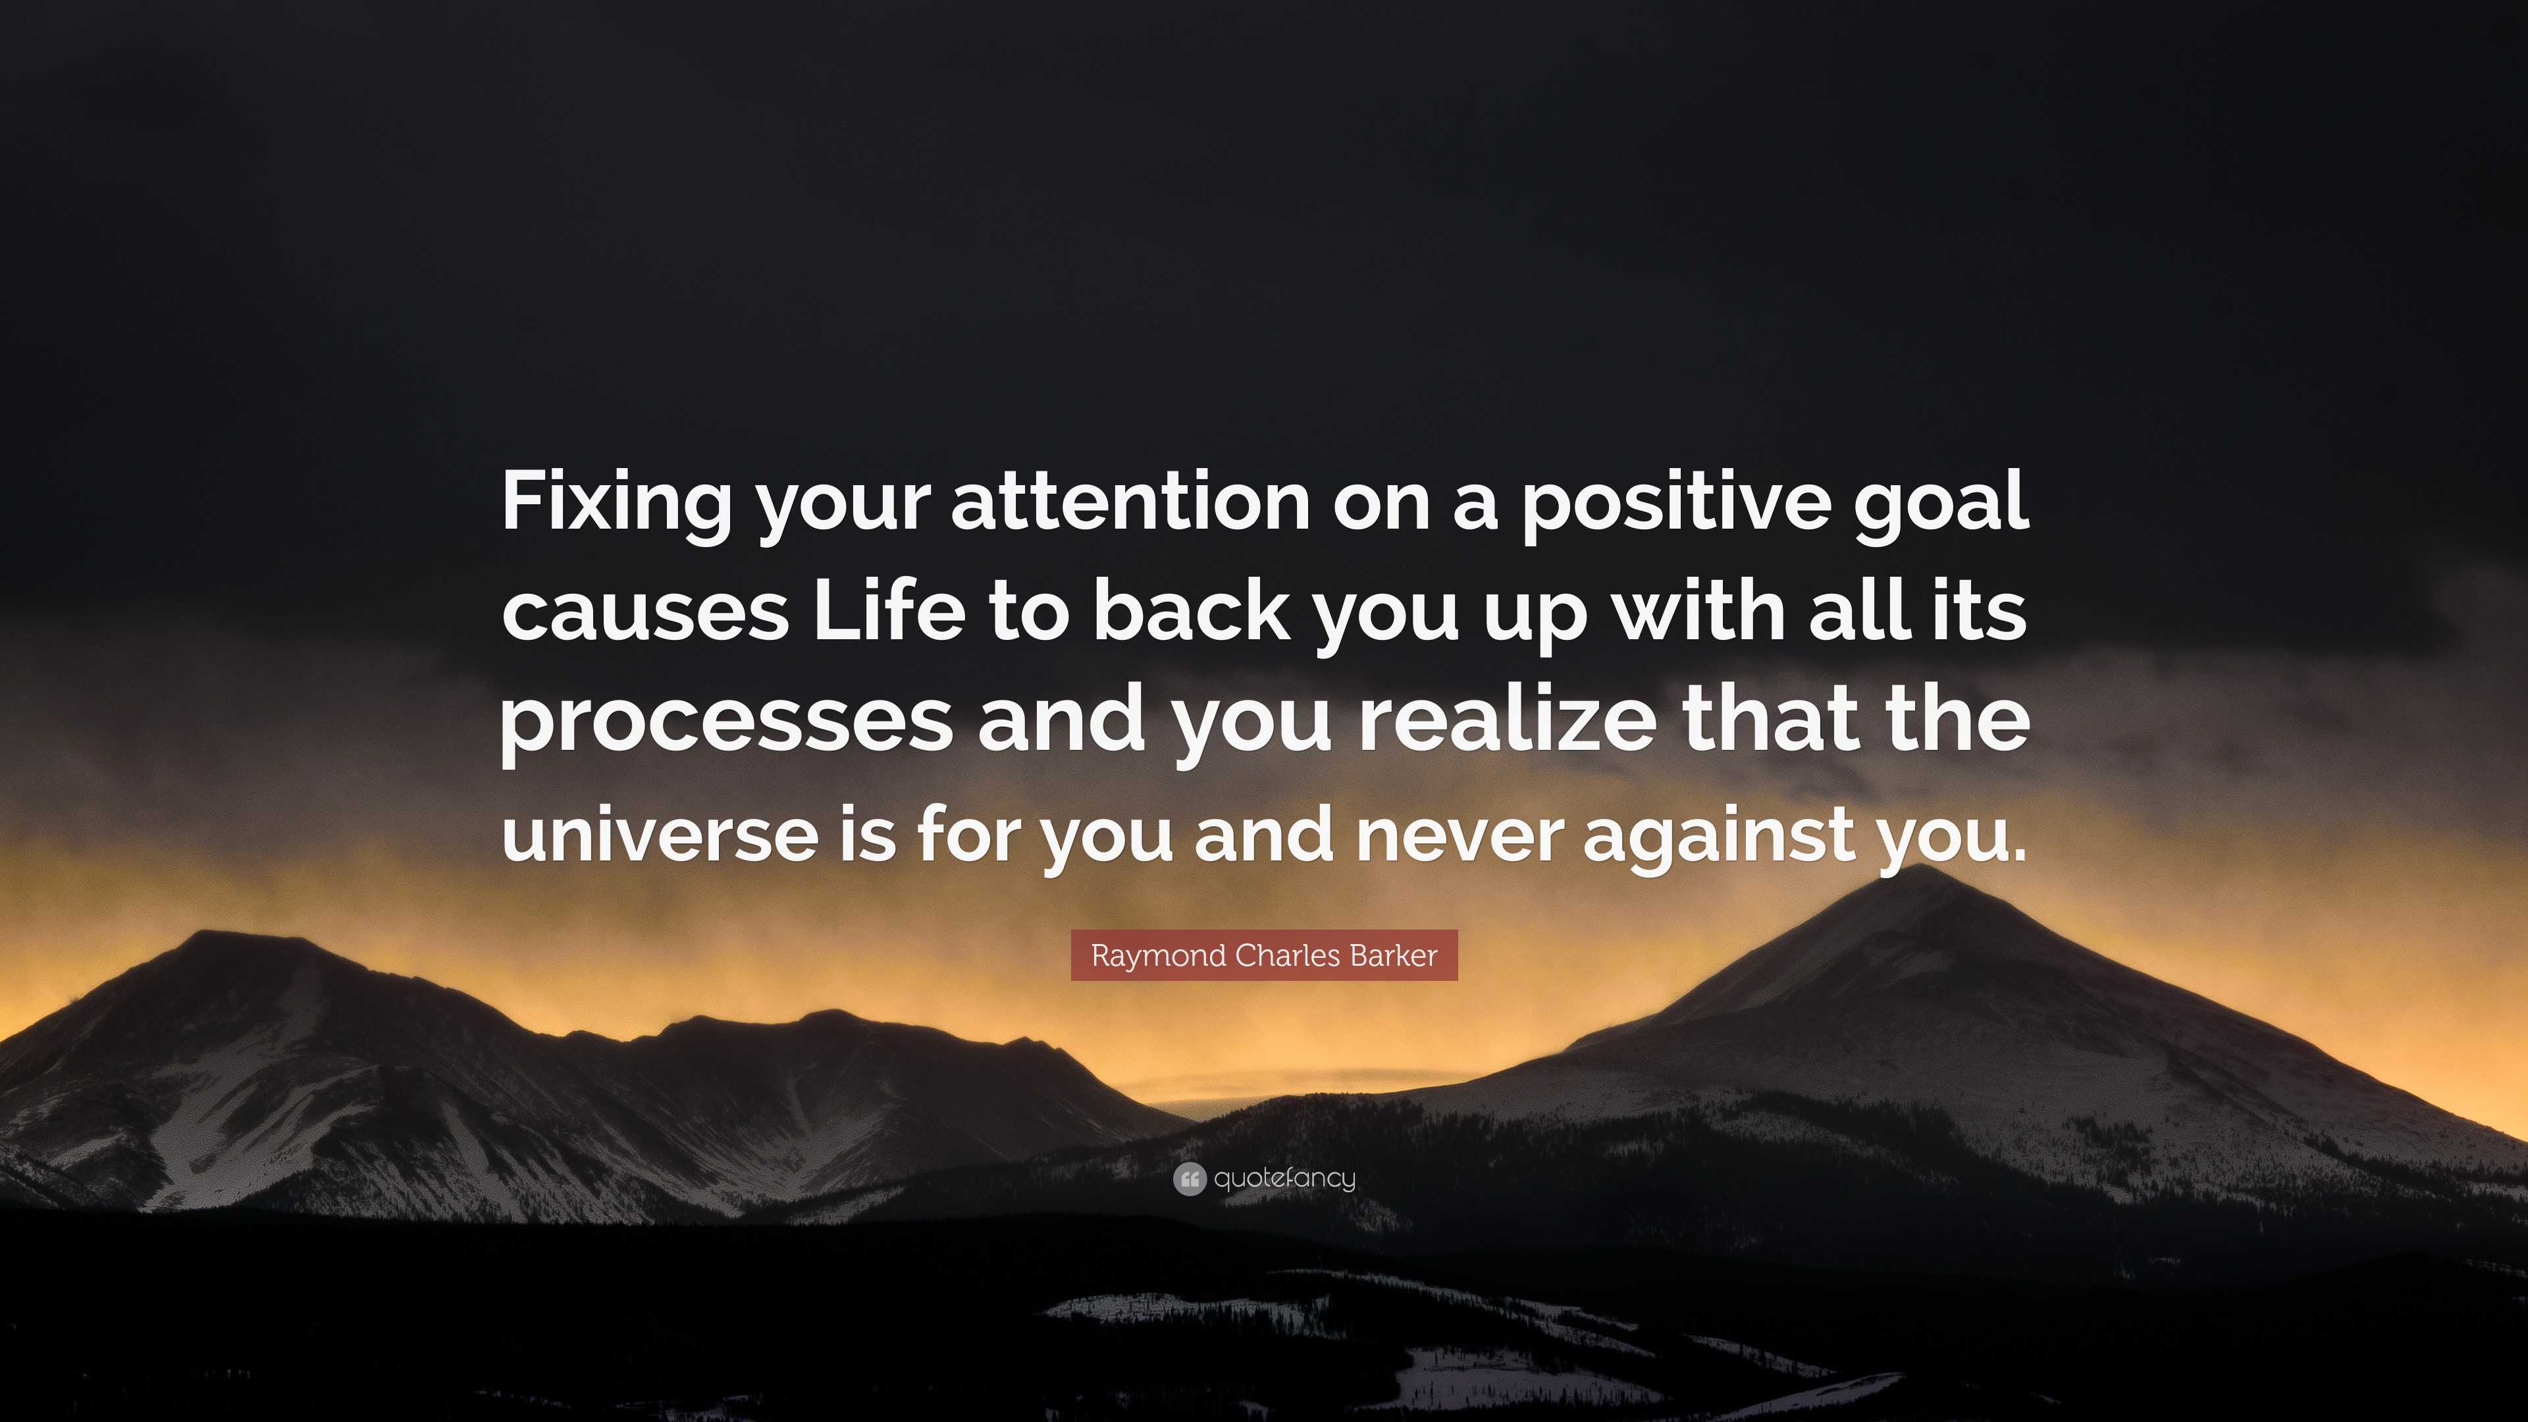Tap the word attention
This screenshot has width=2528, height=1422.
(x=1130, y=502)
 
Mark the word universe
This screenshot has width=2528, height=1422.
(x=660, y=833)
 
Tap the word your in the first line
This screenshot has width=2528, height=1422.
(x=842, y=510)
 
